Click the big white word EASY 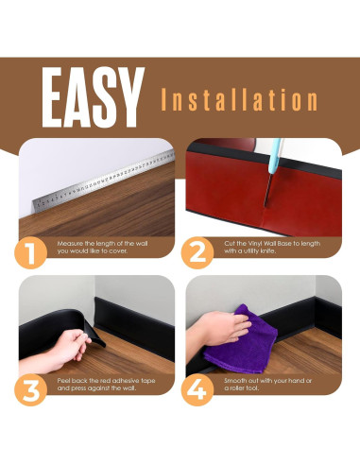93,97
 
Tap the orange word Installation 239,99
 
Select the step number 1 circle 31,252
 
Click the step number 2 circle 197,252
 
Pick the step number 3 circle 31,389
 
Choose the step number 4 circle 197,389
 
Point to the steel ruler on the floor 103,181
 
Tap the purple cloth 241,339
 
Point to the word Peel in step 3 63,381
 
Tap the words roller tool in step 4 244,388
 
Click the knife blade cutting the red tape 268,190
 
